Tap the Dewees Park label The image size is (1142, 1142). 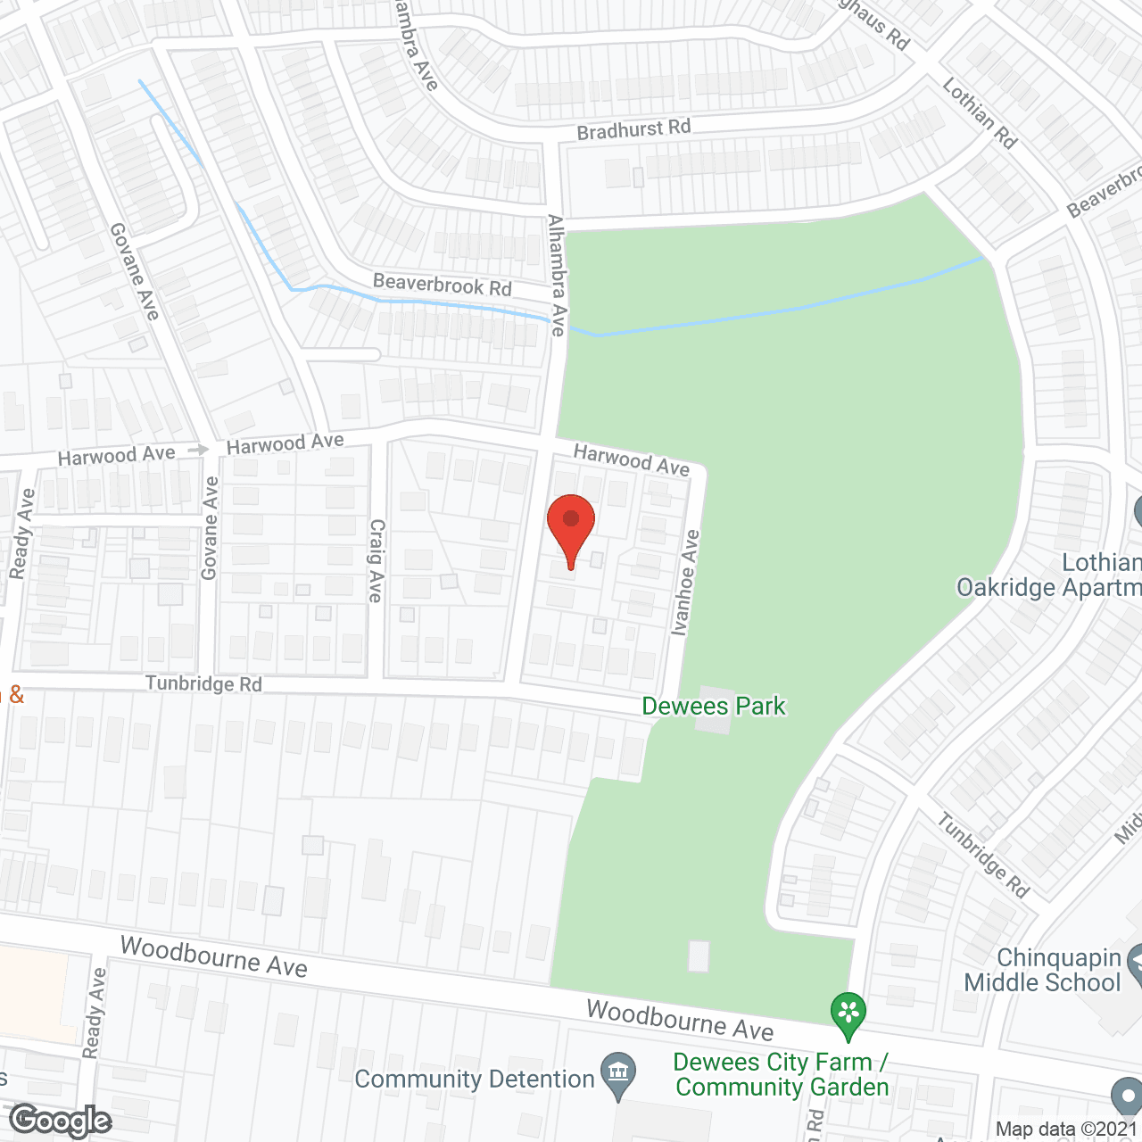coord(714,707)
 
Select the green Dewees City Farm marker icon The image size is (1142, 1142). coord(848,1014)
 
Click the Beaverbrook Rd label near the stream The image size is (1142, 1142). coord(442,285)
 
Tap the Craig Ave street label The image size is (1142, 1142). coord(377,560)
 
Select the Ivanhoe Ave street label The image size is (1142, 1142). coord(686,583)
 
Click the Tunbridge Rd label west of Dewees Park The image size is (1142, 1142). coord(203,684)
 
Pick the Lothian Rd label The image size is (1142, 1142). coord(980,112)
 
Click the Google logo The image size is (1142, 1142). coord(61,1121)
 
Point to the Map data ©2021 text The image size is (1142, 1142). coord(1067,1130)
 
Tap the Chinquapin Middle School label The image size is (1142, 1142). coord(1042,971)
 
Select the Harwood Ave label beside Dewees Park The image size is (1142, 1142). coord(631,459)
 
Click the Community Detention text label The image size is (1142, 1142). coord(475,1080)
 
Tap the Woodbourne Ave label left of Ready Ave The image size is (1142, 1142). coord(214,956)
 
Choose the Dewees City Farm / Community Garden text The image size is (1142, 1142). coord(782,1074)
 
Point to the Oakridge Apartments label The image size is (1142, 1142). coord(1048,587)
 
